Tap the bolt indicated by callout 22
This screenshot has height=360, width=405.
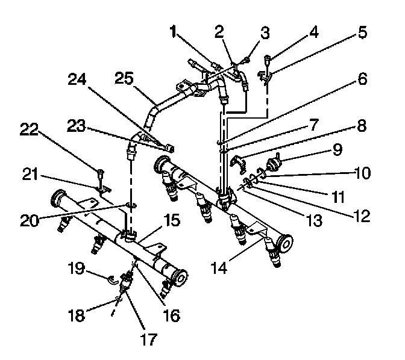(101, 175)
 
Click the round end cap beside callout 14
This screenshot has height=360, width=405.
(282, 244)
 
